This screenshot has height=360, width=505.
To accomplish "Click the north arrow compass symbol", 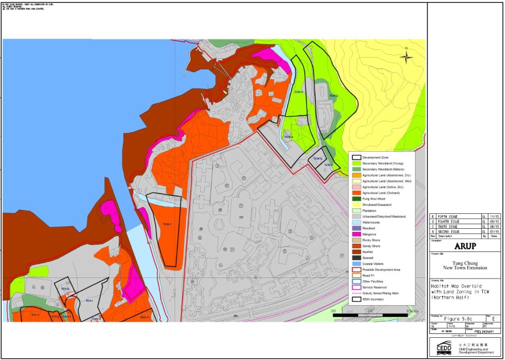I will click(x=406, y=56).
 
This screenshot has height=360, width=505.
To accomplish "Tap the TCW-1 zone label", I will click(x=167, y=224).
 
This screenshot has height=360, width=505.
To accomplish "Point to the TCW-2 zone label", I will click(x=333, y=96).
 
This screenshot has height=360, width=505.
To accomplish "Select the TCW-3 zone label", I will click(x=298, y=91).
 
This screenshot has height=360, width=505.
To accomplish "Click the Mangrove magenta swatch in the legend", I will click(x=357, y=234).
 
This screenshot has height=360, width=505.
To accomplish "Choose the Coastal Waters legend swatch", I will click(x=357, y=264).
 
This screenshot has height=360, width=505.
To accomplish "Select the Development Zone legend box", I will click(x=357, y=158).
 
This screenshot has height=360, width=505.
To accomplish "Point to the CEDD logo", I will click(x=444, y=348).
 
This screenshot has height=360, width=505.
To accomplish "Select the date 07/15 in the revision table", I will click(x=495, y=231).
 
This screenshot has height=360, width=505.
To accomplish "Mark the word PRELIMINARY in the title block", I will click(x=480, y=331).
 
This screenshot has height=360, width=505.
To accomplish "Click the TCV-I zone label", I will click(x=89, y=300).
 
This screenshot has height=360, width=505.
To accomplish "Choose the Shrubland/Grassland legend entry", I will click(x=376, y=204).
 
